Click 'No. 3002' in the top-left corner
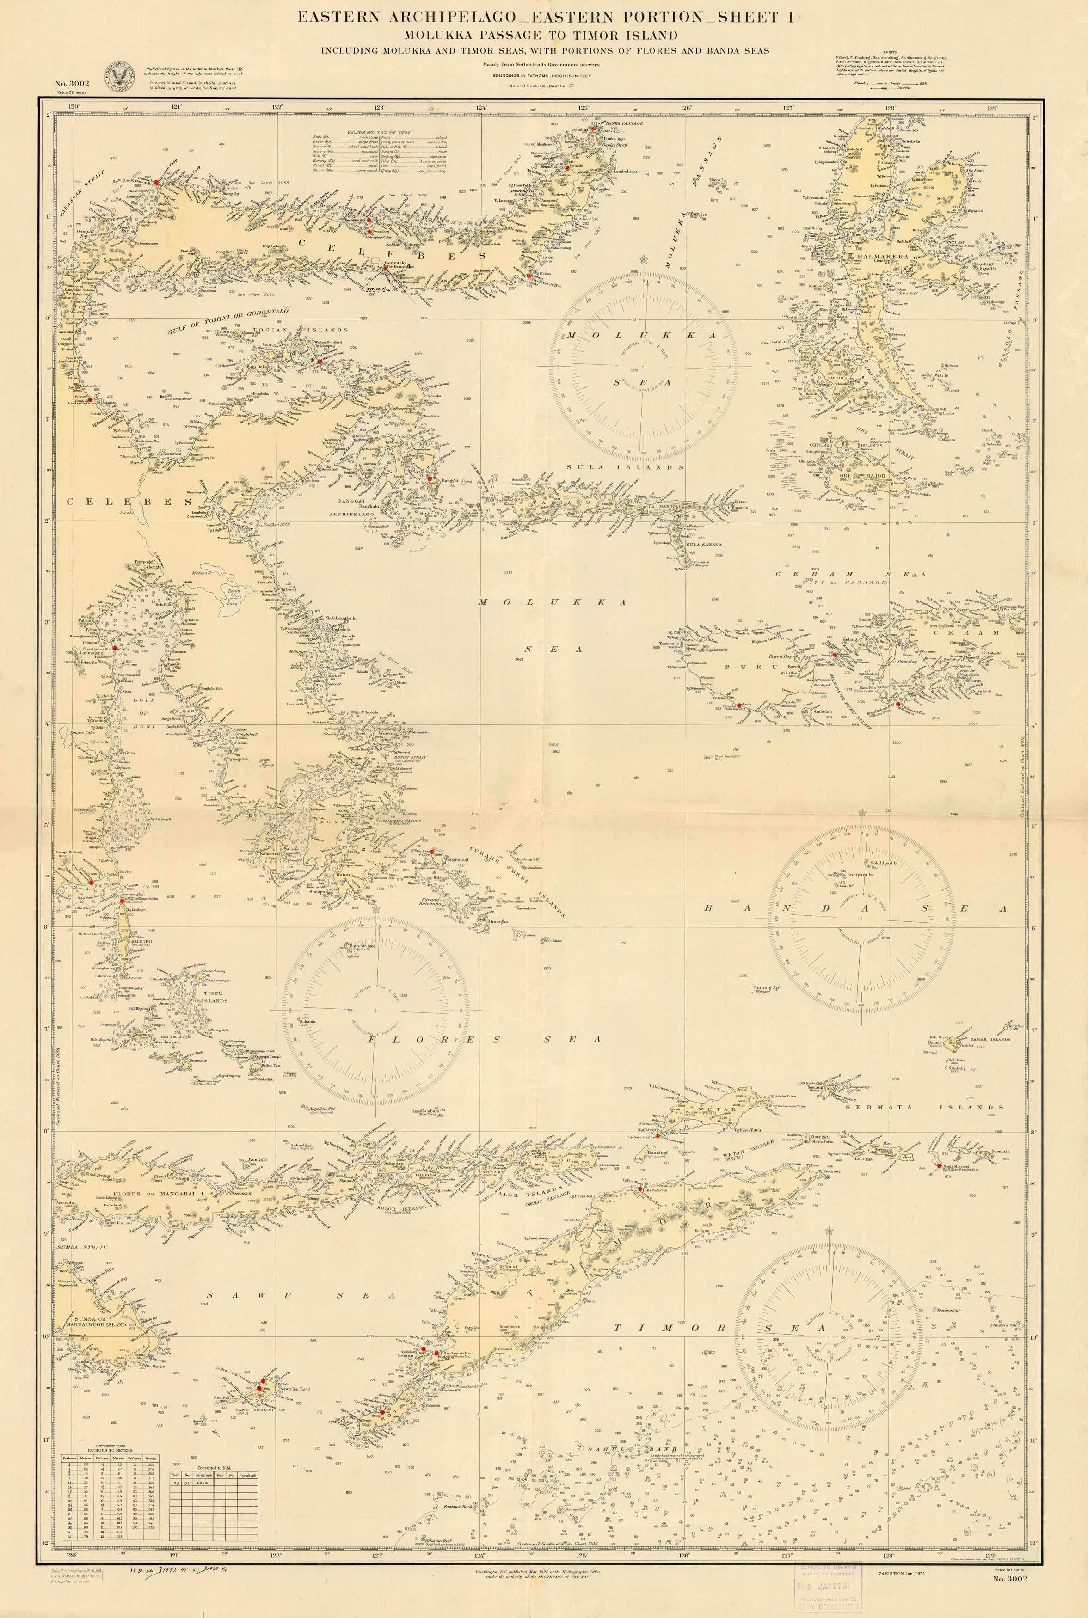click(72, 84)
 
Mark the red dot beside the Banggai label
click(430, 478)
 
